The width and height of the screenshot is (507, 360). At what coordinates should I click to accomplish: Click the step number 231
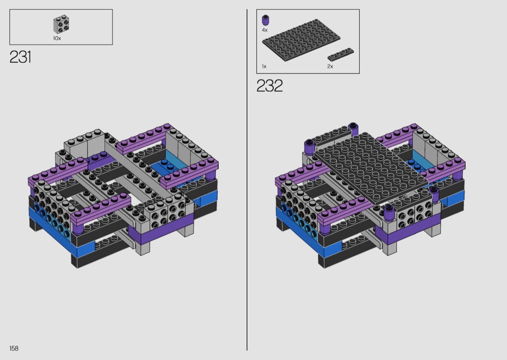click(20, 57)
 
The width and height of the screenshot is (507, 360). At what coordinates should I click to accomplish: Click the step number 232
click(269, 85)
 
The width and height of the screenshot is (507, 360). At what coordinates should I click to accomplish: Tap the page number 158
click(14, 348)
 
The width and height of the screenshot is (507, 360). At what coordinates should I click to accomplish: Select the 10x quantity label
click(57, 38)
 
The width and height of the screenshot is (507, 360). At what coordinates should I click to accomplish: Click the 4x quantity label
click(265, 30)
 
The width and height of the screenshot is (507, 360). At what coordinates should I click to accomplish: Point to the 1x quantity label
click(264, 66)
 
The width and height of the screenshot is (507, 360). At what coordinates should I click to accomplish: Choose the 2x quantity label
click(330, 66)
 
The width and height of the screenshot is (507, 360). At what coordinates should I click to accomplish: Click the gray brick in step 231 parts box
click(62, 25)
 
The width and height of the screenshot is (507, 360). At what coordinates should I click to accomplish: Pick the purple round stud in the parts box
click(265, 20)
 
